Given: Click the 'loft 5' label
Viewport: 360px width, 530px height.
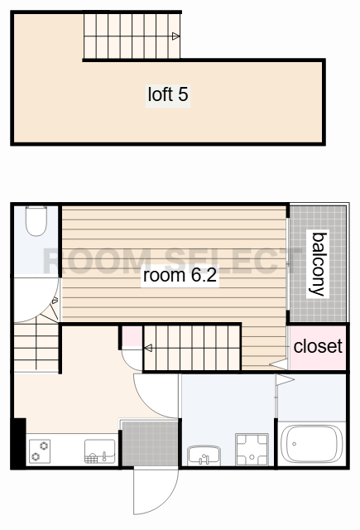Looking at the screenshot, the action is tap(168, 94).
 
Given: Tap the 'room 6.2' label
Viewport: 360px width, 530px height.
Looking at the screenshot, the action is tap(180, 275).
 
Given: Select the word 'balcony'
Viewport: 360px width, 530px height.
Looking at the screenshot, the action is tap(318, 264).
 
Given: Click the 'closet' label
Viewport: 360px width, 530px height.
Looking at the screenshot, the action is tap(318, 346).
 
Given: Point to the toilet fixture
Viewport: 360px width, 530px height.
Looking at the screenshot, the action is tap(36, 221).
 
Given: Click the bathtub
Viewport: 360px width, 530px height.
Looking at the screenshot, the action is tap(312, 444).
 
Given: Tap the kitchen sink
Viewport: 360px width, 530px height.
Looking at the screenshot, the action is tap(99, 450).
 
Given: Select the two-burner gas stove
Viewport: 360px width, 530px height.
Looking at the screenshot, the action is tap(40, 450).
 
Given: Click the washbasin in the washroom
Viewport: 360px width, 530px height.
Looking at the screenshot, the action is tap(204, 455).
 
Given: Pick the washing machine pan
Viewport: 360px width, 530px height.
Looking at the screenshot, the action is tap(252, 449).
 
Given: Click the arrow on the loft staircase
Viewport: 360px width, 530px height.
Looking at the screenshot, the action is tap(175, 36).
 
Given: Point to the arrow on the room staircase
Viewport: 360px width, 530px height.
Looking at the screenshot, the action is tap(148, 348).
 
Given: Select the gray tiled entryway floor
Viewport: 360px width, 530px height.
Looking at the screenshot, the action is tap(150, 443).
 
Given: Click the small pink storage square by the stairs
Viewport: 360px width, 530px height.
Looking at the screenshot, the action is tap(132, 337).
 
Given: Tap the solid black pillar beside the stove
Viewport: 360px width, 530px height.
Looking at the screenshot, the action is tap(18, 444).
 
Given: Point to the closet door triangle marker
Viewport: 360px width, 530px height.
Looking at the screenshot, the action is tap(279, 364).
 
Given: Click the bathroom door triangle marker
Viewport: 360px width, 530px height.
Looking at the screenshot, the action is tap(285, 379).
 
